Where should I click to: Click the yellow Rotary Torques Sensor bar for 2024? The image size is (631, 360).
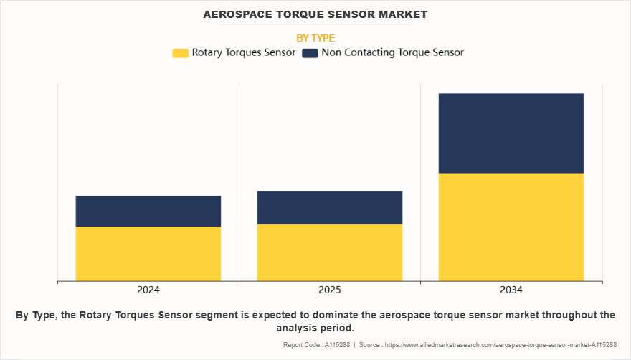coord(148,253)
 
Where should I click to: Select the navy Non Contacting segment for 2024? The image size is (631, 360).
coord(148,211)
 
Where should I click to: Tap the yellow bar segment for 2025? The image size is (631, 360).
coord(330,252)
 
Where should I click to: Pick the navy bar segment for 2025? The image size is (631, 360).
coord(330,207)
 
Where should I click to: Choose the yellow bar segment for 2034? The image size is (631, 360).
coord(511,227)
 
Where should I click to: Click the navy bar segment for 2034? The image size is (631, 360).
coord(511,133)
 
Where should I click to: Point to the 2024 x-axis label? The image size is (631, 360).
coord(148,290)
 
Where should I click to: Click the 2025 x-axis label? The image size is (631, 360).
coord(330,290)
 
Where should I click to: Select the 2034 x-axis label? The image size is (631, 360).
coord(511,290)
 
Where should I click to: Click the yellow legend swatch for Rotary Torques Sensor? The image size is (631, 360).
coord(180,53)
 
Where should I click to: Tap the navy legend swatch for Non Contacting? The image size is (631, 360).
coord(310,53)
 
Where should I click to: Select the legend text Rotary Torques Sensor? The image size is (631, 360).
coord(244,52)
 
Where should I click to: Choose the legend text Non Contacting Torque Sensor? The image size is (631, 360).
coord(392,52)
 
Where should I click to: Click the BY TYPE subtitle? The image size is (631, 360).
coord(315,38)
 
